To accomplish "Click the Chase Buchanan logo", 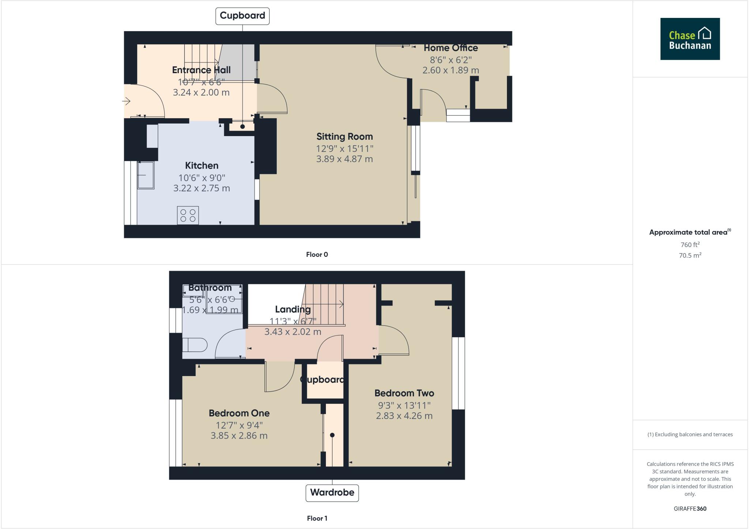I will coord(690,39).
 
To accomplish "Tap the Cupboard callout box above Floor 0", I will coord(242,16).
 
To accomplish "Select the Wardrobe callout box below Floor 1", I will coord(332,492).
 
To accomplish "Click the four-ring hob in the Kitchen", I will coord(188,215).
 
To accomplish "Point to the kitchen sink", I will coord(146,175).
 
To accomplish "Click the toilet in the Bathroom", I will coord(195,345).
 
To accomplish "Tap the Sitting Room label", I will coord(345,136).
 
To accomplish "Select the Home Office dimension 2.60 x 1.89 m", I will coord(451,70).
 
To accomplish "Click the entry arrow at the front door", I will coord(127,101).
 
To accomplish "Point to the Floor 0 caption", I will coord(317,255).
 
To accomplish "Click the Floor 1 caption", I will coord(317,518).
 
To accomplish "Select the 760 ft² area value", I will coord(690,244).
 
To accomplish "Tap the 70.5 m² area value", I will coord(690,255).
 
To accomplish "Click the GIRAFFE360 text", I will coord(690,509).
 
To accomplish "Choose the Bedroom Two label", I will coord(404,393).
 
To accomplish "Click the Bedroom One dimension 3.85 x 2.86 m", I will coord(239,436).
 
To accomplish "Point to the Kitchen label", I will coord(202,165).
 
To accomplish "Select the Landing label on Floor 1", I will coord(293,309).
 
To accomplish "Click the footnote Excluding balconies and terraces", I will coord(690,435).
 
